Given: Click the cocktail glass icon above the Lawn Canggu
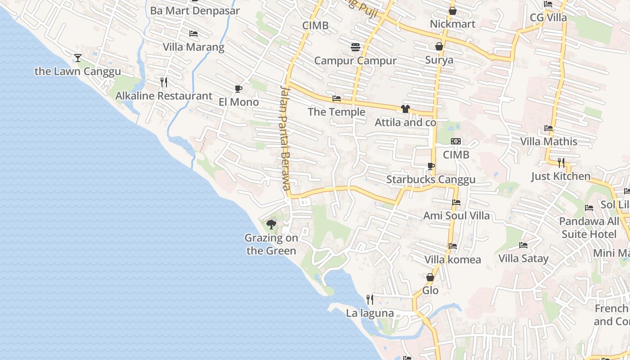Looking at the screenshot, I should (x=78, y=58).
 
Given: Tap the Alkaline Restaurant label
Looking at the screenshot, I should (x=164, y=96).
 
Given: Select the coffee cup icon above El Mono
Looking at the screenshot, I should (x=238, y=89).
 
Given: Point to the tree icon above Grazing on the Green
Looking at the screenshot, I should (x=271, y=224).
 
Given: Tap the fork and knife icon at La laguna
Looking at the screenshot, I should (x=370, y=299).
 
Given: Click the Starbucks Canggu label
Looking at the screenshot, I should (x=431, y=180).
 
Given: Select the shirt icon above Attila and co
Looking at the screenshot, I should (x=405, y=108).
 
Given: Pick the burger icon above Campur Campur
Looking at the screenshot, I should (x=355, y=47).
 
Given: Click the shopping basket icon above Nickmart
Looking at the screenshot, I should (x=452, y=11).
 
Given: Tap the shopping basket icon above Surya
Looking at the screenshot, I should (x=439, y=46).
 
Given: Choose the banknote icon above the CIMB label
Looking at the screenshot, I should (x=456, y=141).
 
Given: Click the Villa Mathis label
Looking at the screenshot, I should (x=549, y=141).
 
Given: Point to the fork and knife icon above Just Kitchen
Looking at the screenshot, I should (x=561, y=162).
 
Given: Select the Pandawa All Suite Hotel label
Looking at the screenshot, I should (x=589, y=228).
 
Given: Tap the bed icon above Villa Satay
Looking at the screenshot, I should (x=523, y=245).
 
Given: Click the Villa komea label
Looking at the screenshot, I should (x=453, y=260).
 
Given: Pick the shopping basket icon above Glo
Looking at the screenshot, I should (x=430, y=277).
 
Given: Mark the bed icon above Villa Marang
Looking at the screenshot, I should (x=193, y=34).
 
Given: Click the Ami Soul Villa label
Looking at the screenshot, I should (x=456, y=216).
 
